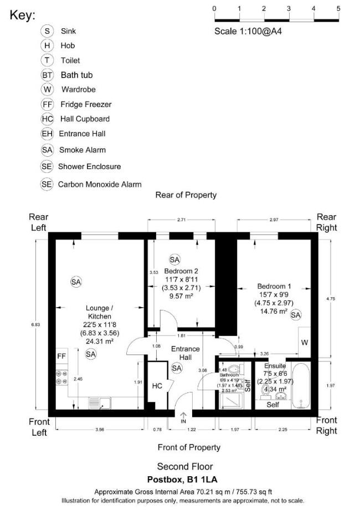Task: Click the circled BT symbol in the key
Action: (47, 75)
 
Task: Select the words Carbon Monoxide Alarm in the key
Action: (100, 185)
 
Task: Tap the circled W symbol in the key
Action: (47, 89)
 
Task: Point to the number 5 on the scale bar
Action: (338, 8)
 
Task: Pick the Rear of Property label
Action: (186, 195)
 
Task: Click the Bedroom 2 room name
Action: (181, 271)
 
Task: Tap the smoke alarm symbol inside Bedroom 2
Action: (174, 259)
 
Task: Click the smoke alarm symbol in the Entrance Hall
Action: (177, 368)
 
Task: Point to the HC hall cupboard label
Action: (157, 386)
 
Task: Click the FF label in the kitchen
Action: (61, 355)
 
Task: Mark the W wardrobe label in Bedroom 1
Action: (305, 343)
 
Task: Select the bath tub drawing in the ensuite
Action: (301, 386)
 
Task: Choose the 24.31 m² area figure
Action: (100, 341)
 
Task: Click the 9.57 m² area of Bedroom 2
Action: (181, 297)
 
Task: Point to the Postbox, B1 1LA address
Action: (185, 480)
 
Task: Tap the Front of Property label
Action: (189, 447)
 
